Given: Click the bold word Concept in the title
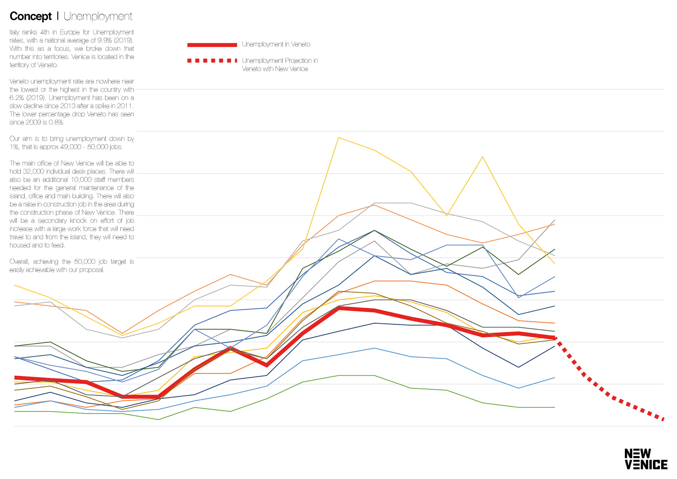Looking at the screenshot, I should tap(31, 16).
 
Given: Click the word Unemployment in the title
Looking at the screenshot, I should tap(98, 16).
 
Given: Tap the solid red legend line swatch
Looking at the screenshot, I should tap(212, 45).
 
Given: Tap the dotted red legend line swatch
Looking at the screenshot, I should tap(212, 61).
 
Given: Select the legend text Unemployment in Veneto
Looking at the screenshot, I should tap(276, 44).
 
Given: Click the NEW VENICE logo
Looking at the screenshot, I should tap(646, 459).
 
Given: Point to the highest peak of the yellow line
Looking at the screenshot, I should tap(338, 138).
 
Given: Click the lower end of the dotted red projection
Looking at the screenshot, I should tap(663, 419).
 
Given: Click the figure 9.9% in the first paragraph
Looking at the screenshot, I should tap(105, 41).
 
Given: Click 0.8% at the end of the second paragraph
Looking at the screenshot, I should tap(56, 122).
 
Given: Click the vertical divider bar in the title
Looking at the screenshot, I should tap(57, 16).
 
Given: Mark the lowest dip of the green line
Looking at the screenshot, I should tap(158, 419).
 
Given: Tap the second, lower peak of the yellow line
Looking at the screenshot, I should tap(482, 157).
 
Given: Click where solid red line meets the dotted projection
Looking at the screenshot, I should tap(555, 338).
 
